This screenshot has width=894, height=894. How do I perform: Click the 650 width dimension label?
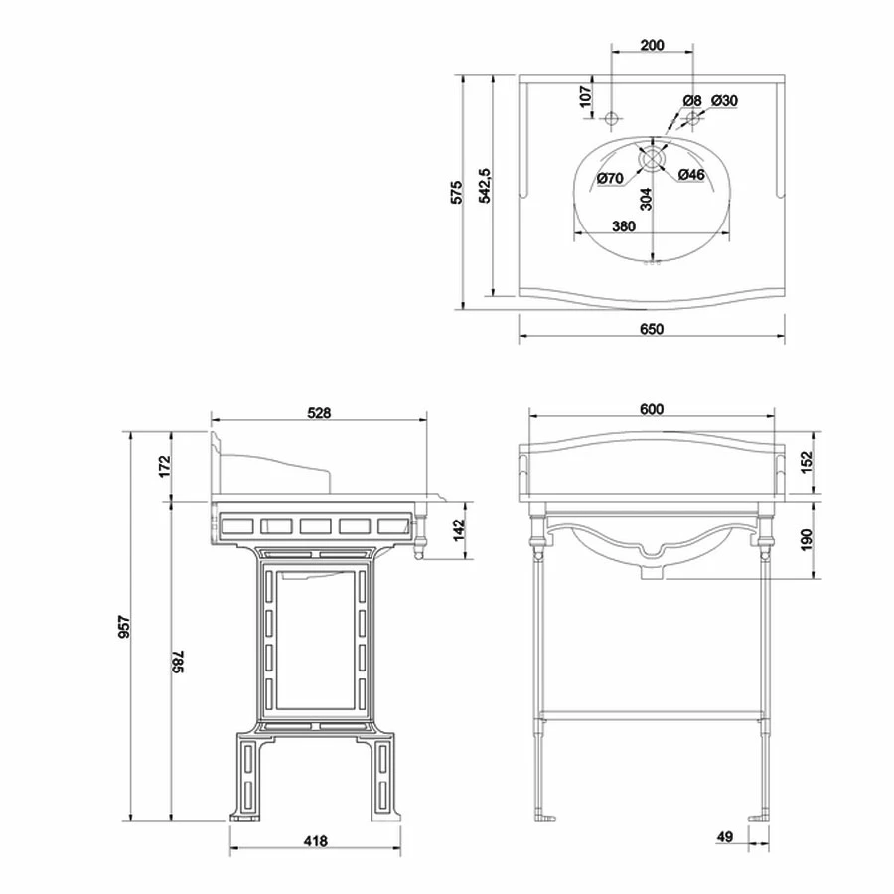(652, 329)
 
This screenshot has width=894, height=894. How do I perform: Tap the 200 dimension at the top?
(652, 45)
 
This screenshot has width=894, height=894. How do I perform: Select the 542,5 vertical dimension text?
(484, 186)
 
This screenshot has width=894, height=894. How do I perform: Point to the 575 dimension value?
(456, 192)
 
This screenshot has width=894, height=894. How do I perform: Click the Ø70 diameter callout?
(610, 179)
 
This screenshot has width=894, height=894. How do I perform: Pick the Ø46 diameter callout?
(691, 175)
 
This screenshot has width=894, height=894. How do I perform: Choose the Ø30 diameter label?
(724, 101)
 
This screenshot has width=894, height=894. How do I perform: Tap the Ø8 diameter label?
(692, 101)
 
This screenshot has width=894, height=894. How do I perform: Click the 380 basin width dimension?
(624, 226)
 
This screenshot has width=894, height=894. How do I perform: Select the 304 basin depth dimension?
(646, 199)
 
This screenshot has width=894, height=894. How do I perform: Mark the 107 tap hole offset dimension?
(585, 96)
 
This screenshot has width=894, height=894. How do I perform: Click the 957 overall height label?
(124, 627)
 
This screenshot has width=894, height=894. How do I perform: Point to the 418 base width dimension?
(315, 841)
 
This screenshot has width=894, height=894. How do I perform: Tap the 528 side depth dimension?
(319, 413)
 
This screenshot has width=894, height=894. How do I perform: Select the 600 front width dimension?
(651, 409)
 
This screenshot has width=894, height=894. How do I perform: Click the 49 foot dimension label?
(725, 837)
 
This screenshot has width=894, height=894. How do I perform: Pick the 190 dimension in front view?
(806, 540)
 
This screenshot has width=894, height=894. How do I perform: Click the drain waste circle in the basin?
(651, 159)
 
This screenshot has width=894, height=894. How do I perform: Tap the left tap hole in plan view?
(611, 119)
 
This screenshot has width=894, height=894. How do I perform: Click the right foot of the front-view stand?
(760, 819)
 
